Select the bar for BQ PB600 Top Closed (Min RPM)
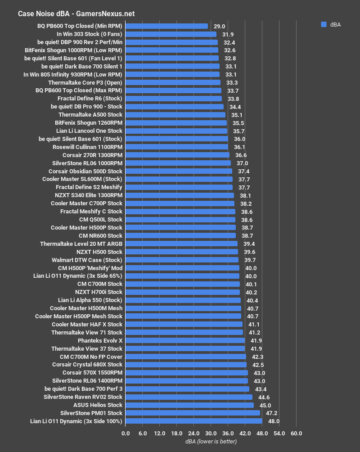pos(166,26)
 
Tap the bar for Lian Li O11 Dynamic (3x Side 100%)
pos(193,421)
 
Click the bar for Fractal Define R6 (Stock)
pos(173,99)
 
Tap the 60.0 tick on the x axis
pos(296,434)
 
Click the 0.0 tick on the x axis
pos(126,434)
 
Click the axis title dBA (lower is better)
pos(211,442)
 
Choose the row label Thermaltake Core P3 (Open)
pos(85,83)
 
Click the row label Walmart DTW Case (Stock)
pos(87,260)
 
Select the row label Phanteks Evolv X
pos(100,340)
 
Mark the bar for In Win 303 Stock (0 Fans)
pos(171,34)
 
